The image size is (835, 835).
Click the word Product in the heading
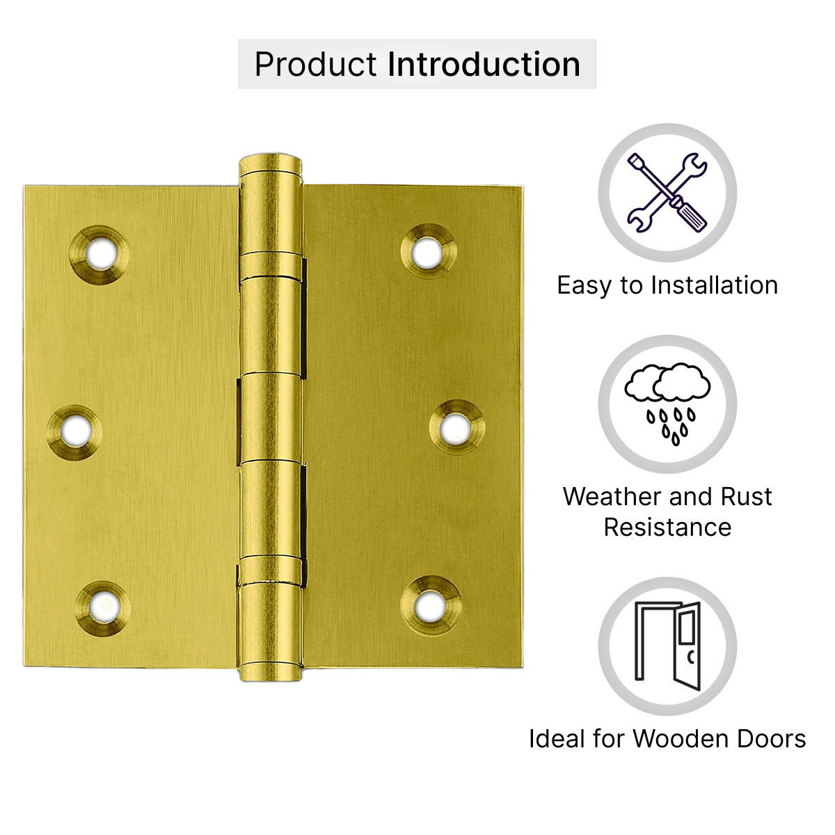[315, 65]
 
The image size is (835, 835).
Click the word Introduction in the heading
[484, 64]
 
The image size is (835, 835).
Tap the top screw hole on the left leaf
[100, 255]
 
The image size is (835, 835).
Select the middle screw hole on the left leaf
[75, 431]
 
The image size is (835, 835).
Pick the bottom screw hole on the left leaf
[103, 609]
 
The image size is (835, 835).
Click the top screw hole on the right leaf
[429, 251]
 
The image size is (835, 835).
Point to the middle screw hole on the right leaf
[457, 428]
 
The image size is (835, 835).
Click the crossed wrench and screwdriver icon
[667, 192]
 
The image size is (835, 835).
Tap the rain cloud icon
[667, 404]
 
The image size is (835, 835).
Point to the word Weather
[613, 497]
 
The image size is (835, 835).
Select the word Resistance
[668, 527]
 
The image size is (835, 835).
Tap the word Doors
[772, 739]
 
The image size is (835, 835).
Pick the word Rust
[746, 497]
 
